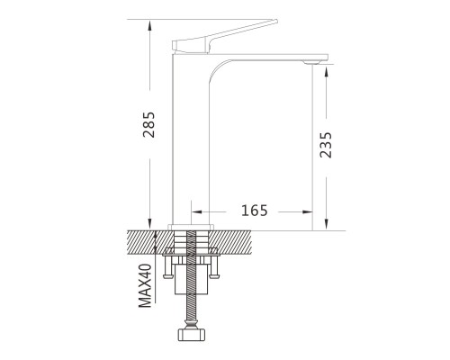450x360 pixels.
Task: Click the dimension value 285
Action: (148, 125)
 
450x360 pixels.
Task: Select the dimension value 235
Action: (326, 145)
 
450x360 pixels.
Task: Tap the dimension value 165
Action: (255, 211)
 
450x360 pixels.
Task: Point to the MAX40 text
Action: (145, 285)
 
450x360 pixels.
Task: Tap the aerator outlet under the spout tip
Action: (312, 62)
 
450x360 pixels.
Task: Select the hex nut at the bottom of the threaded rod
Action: (192, 335)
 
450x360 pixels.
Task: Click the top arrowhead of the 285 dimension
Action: (149, 25)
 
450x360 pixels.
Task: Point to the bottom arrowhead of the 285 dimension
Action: (149, 225)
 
